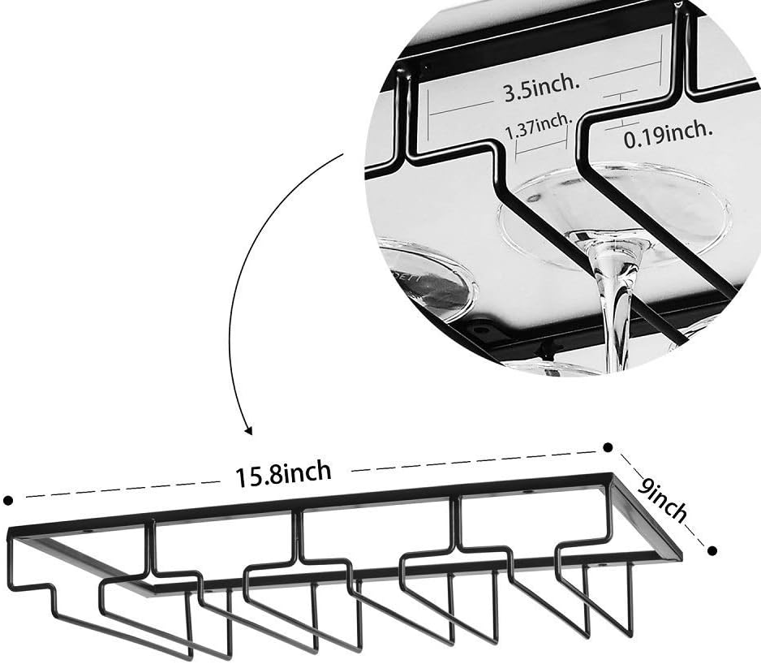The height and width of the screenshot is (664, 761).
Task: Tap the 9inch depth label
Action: coord(661,501)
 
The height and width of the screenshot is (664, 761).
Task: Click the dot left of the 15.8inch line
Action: coord(8,500)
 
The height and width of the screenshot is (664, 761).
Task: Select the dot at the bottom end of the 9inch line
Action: coord(712,550)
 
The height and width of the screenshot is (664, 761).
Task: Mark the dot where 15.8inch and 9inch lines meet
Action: coord(608,446)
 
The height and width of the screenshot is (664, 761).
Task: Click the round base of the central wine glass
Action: coord(617,215)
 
